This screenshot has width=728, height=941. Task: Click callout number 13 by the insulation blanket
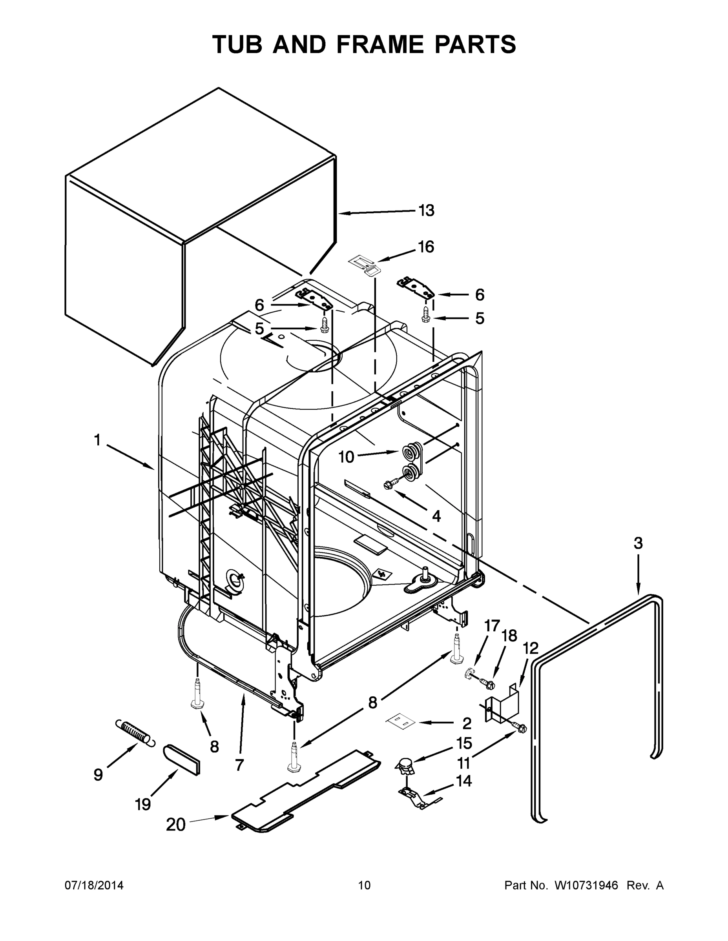426,211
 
